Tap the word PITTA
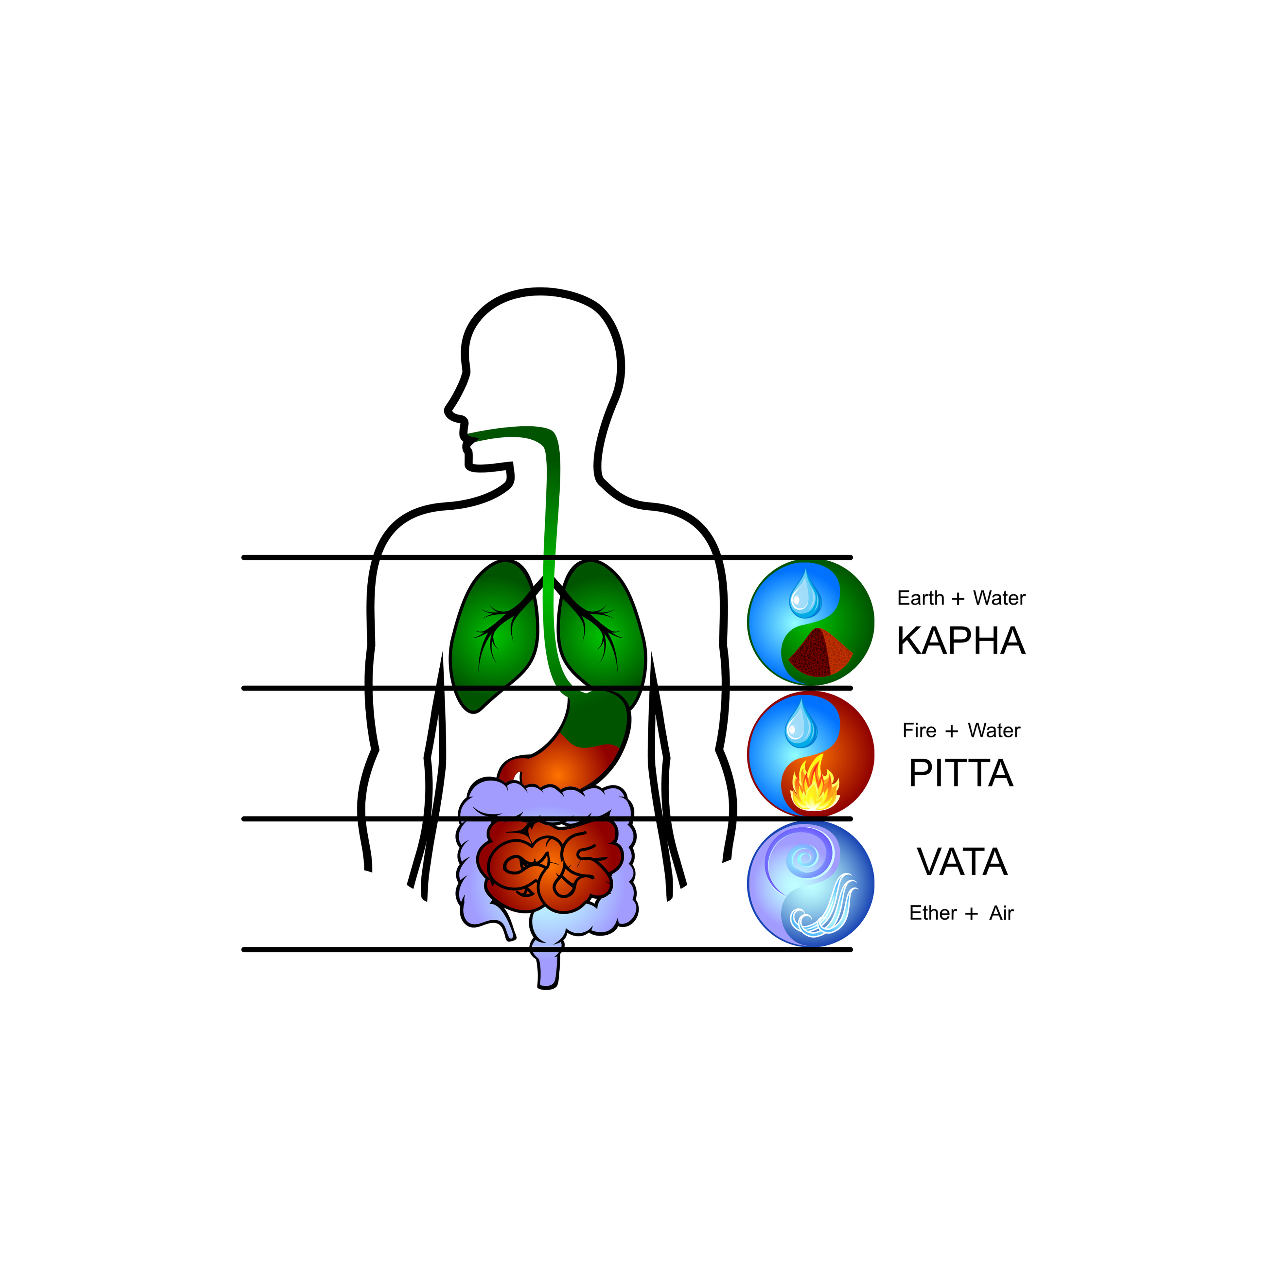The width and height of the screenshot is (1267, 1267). point(961,773)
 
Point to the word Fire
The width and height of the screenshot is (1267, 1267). point(920,730)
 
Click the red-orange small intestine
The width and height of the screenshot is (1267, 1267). point(550,866)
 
